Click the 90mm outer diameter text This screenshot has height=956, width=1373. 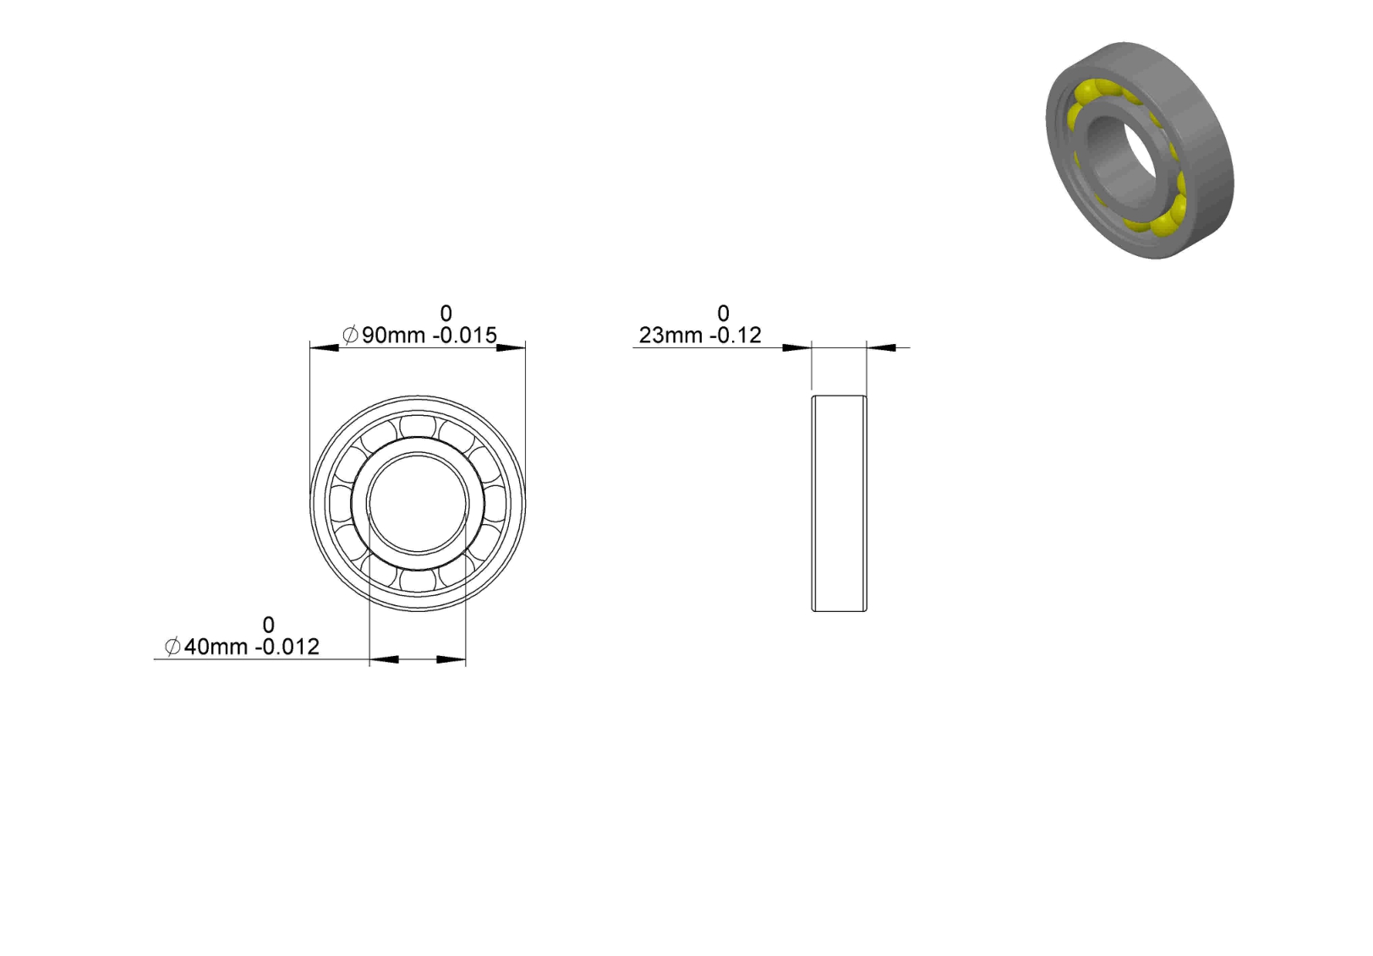coord(393,336)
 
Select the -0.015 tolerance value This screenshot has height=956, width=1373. coord(465,336)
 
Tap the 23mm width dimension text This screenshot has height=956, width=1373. coord(670,336)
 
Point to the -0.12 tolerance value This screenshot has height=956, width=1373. coord(736,336)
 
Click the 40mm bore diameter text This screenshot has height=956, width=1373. coord(216,647)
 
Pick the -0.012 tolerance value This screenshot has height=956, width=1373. coord(287,647)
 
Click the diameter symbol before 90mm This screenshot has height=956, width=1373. coord(350,336)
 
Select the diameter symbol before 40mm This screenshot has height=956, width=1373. coord(172,647)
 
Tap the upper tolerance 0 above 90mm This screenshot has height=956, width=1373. coord(446,314)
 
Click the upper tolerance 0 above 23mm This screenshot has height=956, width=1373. coord(723,314)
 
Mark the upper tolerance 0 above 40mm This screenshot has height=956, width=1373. coord(268,625)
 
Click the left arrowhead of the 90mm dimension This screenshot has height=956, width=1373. coord(323,347)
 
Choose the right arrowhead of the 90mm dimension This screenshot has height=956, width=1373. coord(511,347)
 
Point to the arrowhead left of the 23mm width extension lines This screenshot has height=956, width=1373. coord(797,347)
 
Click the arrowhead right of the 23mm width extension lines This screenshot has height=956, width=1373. coord(881,347)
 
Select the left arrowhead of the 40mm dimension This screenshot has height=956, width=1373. coord(384,659)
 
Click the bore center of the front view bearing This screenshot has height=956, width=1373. coord(418,503)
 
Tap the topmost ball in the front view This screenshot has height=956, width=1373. coord(418,425)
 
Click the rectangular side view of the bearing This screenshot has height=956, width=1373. coord(839,503)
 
